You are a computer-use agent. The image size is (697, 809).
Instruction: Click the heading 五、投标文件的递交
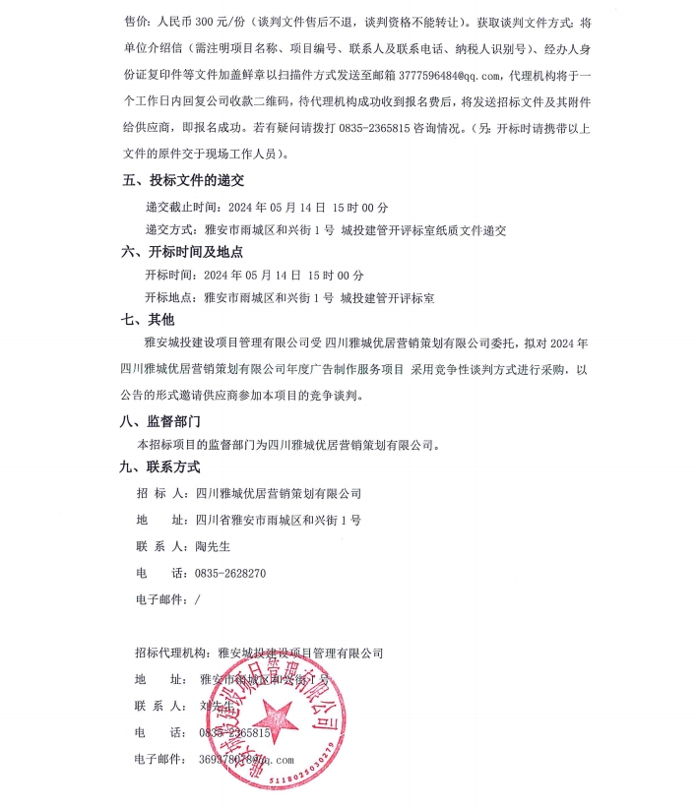(182, 181)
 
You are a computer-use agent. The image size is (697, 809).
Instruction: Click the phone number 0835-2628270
(230, 573)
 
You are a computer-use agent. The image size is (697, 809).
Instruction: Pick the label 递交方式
(170, 229)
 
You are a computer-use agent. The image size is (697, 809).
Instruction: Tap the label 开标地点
(170, 296)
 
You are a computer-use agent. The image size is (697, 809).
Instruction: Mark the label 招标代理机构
(170, 653)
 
